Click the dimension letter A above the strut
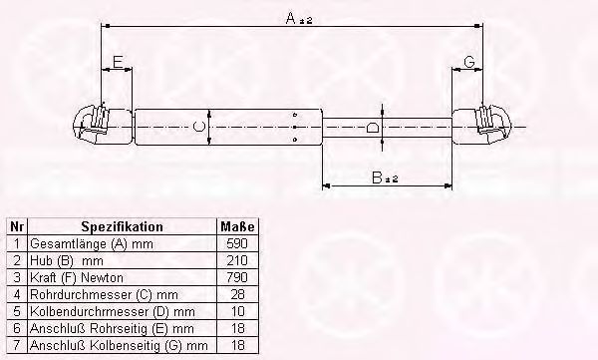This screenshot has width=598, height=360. (291, 18)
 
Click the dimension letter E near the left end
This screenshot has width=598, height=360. (118, 62)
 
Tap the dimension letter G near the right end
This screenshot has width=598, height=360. (469, 62)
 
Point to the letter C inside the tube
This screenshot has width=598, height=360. (198, 127)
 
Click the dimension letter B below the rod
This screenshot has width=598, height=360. (377, 178)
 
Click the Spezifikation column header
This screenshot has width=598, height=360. (122, 226)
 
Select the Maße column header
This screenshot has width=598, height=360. (237, 226)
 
